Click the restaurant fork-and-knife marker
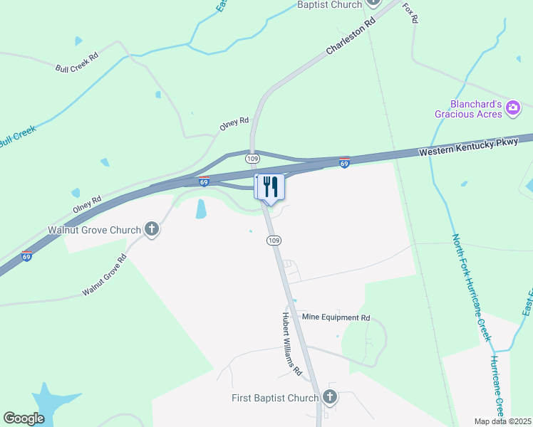270,186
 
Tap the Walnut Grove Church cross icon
151,229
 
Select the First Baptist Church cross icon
329,396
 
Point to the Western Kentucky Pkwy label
467,147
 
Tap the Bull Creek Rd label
76,62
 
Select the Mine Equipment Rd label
336,317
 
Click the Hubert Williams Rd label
292,344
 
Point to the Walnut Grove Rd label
104,276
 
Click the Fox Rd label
409,13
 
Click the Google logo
24,418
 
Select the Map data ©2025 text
503,421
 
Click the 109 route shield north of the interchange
252,158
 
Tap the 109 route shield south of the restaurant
274,241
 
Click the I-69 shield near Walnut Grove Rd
26,256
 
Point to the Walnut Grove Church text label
94,230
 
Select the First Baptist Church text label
274,397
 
